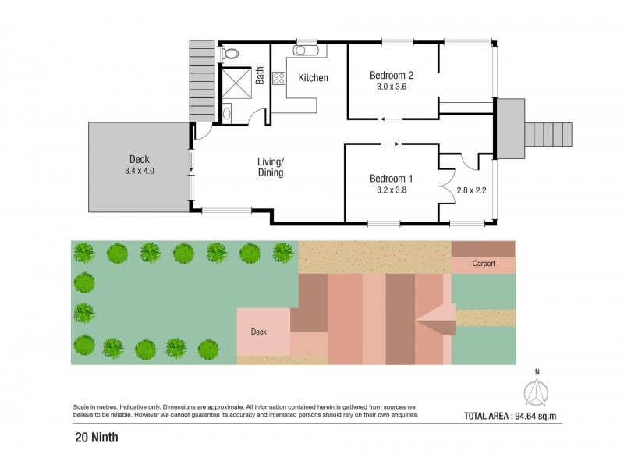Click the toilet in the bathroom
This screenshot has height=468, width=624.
pos(230,54)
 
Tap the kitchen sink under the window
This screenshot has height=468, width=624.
pos(302,51)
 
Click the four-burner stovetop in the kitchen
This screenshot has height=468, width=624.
pos(279,78)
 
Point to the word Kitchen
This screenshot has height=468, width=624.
pos(313,78)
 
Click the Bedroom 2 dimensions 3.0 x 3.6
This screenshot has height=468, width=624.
pos(391,87)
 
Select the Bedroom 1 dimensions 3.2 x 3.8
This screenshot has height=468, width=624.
pos(391,190)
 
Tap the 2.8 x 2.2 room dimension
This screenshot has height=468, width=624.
pos(470,190)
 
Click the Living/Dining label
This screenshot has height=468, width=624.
pos(271,167)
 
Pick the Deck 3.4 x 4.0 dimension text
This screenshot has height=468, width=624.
pos(140,170)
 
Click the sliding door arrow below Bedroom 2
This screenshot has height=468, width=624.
pos(392,119)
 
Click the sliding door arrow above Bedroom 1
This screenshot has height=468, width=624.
pos(392,144)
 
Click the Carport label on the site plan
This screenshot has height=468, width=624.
pos(484,264)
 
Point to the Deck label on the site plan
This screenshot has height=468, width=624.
pos(258,331)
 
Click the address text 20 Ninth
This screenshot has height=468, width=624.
pos(97,438)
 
